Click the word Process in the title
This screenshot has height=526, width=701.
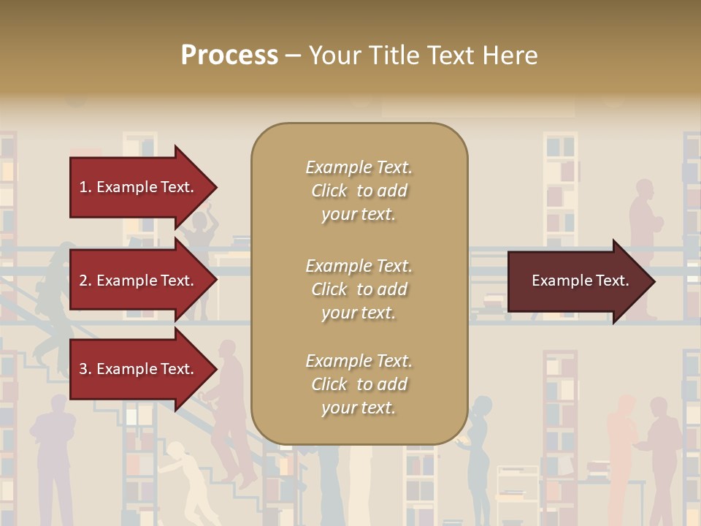click(x=229, y=56)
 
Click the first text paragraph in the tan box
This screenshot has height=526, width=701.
click(x=359, y=191)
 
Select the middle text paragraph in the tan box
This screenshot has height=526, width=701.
click(x=359, y=289)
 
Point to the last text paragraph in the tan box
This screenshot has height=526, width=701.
click(x=359, y=384)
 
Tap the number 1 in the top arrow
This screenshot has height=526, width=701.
click(x=84, y=187)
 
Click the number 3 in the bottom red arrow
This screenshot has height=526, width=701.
click(x=84, y=369)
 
